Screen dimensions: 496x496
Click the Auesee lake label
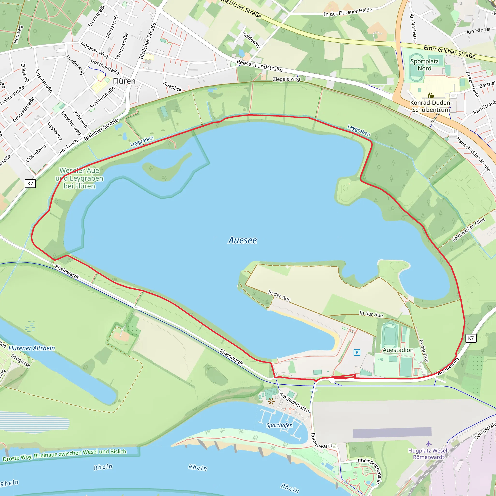click(242, 240)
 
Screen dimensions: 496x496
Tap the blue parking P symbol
click(357, 352)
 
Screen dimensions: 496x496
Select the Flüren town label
click(124, 81)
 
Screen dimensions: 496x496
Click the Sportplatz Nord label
click(424, 65)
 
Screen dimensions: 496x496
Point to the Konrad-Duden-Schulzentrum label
click(431, 106)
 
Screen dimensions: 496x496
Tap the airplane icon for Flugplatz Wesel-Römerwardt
click(428, 444)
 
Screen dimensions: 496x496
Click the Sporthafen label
click(279, 425)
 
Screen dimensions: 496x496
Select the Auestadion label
click(398, 350)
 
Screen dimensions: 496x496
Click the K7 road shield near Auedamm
click(471, 338)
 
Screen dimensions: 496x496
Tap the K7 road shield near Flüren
click(30, 183)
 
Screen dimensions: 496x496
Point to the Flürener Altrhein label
click(31, 348)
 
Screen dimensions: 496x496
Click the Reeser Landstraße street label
click(260, 66)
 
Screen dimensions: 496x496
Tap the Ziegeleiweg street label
click(286, 79)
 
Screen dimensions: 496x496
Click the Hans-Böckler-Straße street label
click(473, 154)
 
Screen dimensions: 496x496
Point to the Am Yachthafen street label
click(294, 403)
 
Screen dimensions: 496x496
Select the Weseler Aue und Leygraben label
click(79, 178)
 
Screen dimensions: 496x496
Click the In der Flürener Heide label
click(348, 12)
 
